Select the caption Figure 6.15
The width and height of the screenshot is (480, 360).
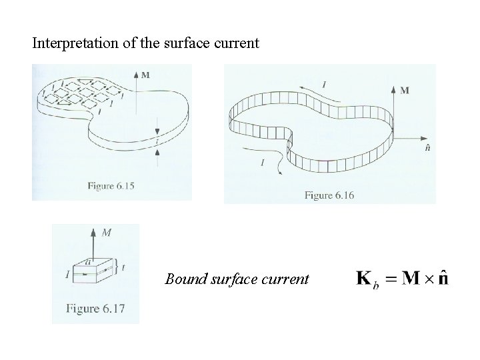111,187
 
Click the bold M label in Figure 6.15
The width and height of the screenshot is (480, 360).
145,75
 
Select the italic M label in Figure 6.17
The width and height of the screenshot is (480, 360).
107,233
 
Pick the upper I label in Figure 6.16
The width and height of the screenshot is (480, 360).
324,84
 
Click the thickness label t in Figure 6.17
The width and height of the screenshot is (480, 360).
124,268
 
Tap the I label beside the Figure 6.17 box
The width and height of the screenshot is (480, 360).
68,273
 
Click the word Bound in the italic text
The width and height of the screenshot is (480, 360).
183,279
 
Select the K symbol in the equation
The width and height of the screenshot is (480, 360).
364,278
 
